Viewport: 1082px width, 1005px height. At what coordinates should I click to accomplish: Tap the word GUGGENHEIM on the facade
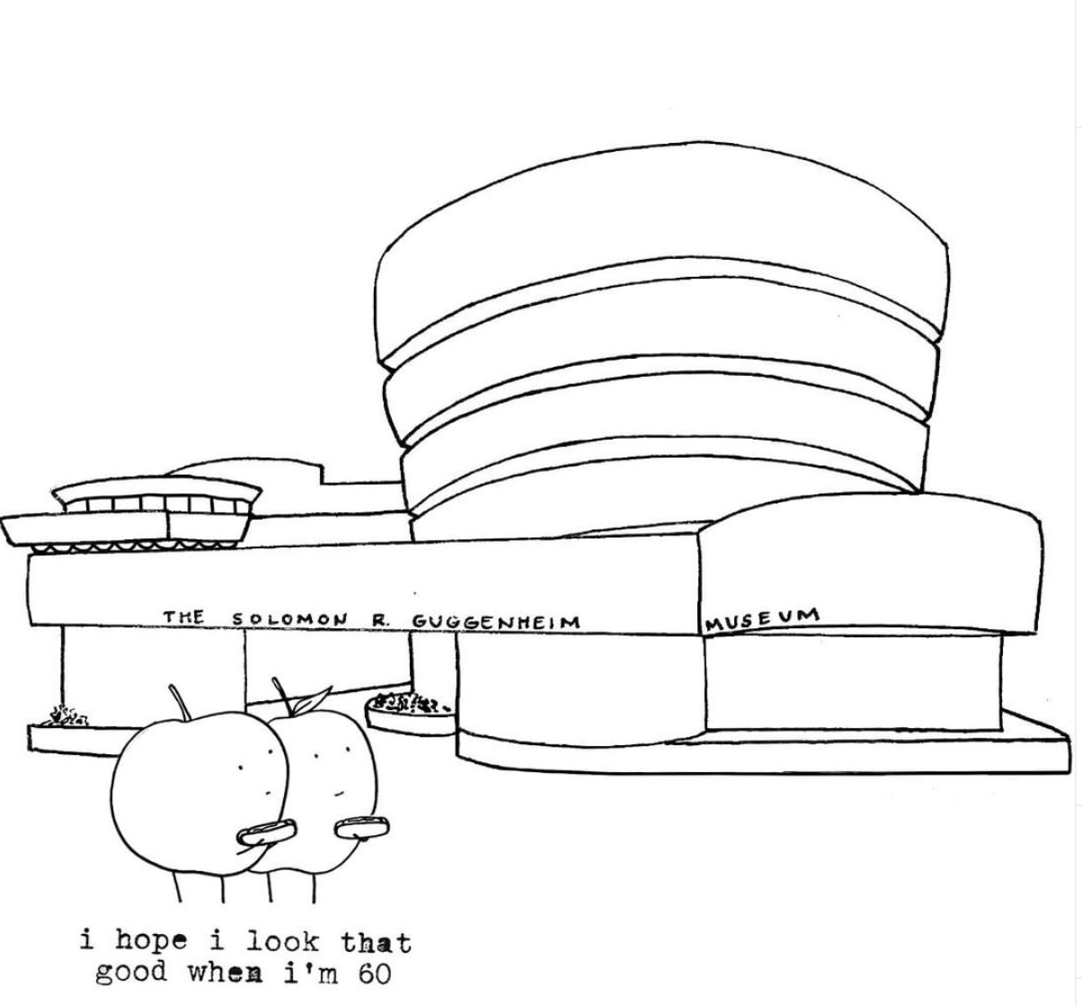coord(495,621)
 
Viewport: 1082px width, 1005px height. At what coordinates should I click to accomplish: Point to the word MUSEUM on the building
coord(762,618)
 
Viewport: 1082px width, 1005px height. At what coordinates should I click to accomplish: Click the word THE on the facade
coord(184,617)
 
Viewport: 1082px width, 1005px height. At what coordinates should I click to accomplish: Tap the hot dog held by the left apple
coord(266,829)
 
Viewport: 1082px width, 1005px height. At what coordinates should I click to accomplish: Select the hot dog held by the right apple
coord(360,823)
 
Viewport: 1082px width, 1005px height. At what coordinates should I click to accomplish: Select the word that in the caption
coord(375,942)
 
